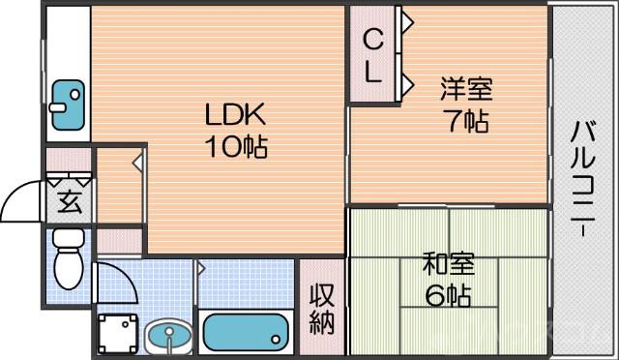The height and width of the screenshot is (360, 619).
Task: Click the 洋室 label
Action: point(466,90)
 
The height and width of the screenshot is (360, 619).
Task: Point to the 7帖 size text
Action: point(466,122)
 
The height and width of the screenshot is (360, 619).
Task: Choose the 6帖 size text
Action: point(447,295)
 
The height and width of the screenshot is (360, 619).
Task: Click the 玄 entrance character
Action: point(70,202)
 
